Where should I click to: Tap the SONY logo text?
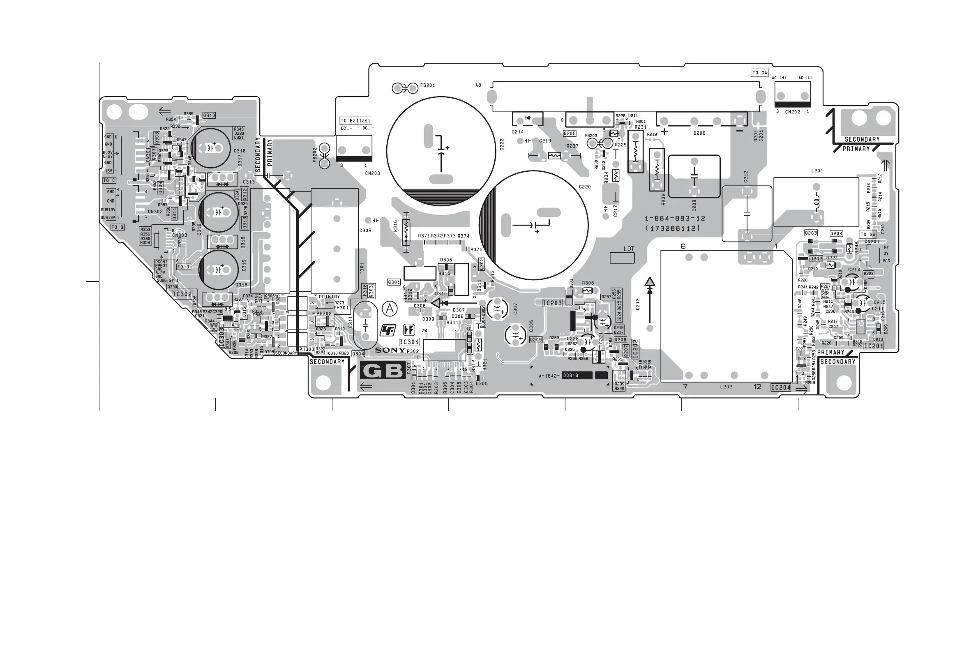pos(390,350)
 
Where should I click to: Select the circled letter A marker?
pos(390,309)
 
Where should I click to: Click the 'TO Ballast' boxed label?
pos(356,121)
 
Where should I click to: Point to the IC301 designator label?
pos(409,342)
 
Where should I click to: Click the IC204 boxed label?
pos(781,387)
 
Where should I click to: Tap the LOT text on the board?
pos(629,249)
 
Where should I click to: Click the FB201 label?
pos(427,85)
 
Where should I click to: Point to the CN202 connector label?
pos(793,112)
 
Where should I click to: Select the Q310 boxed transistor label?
pos(209,115)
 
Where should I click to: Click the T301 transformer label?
pos(362,269)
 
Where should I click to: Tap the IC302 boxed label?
pos(182,294)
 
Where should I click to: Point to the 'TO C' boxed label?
pos(109,180)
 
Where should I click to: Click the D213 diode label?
pos(638,304)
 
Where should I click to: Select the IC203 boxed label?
pos(552,303)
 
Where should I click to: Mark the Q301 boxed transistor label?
pos(394,282)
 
